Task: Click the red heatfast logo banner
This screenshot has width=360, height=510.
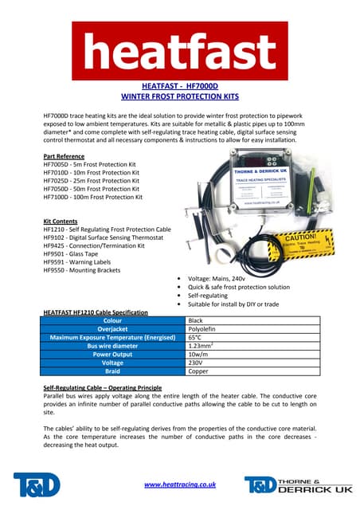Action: (x=179, y=50)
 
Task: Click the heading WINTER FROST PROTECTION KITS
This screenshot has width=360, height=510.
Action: (x=179, y=96)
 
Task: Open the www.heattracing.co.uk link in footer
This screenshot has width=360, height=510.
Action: (x=180, y=484)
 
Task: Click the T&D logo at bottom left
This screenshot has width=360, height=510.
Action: (x=35, y=484)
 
